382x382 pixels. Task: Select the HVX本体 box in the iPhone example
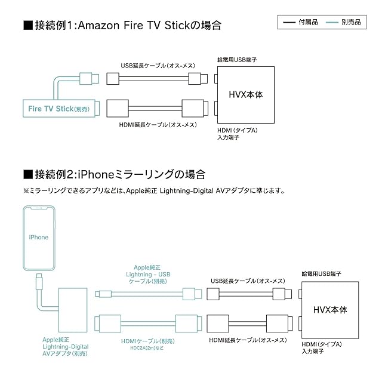coord(330,310)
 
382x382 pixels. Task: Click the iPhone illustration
coord(39,238)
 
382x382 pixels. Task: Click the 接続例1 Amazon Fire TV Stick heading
coord(122,26)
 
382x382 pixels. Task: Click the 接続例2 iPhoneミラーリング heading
coord(113,174)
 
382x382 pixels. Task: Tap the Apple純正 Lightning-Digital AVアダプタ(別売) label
coord(65,346)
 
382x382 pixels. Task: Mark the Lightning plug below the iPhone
coord(39,278)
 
